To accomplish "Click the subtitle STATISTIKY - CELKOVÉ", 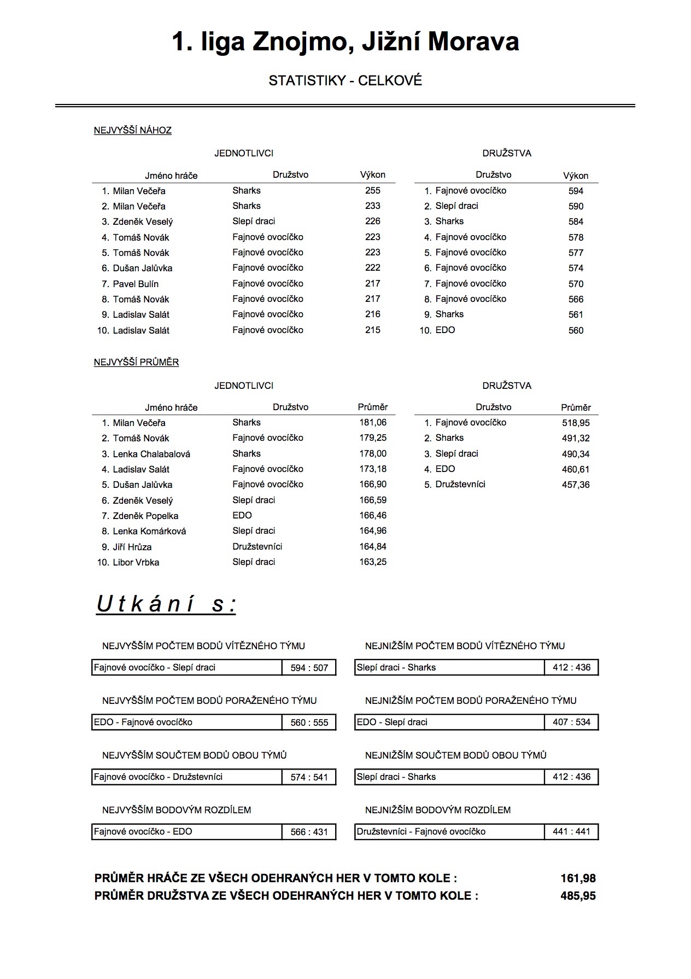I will [x=345, y=81].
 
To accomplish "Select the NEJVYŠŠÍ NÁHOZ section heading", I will [x=133, y=130].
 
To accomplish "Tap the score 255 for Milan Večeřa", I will [x=372, y=190].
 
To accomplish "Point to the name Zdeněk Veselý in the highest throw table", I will [x=143, y=222].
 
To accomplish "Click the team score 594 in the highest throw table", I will [x=576, y=191].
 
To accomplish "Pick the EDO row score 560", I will [x=576, y=330].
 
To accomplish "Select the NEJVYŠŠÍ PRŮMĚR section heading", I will [x=136, y=362].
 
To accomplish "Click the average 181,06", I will [x=373, y=422].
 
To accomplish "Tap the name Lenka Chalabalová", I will [x=151, y=454].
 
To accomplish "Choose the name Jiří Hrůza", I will [x=132, y=547].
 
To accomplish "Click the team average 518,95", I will [x=576, y=423].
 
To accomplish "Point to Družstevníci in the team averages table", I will [x=460, y=484].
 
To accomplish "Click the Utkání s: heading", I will [x=166, y=604].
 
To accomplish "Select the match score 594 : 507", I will [x=309, y=668].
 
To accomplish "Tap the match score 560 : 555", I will [x=309, y=722].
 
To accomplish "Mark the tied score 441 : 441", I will [x=571, y=831].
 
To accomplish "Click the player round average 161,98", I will [x=578, y=878].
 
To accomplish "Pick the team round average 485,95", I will [x=578, y=896].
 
